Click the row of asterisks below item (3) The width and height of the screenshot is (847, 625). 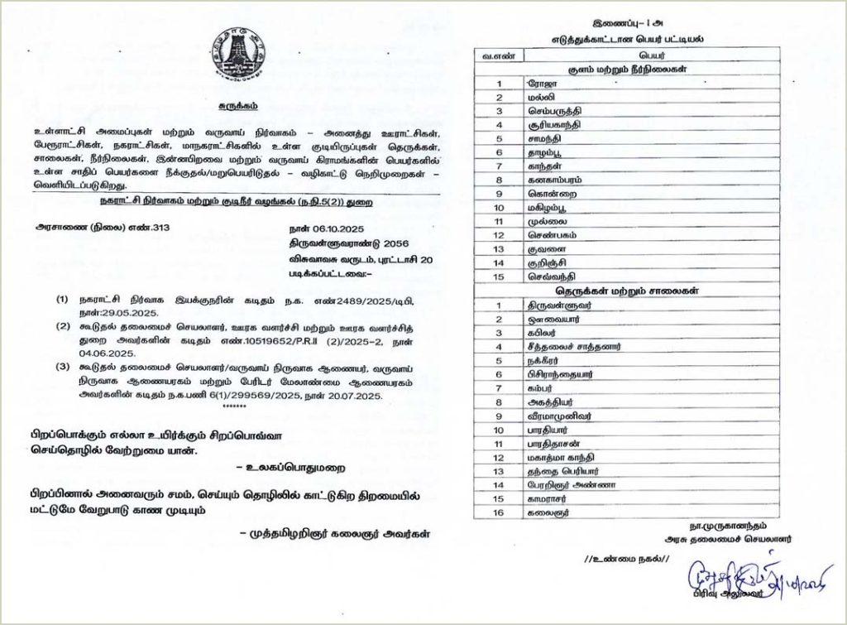click(x=236, y=407)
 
